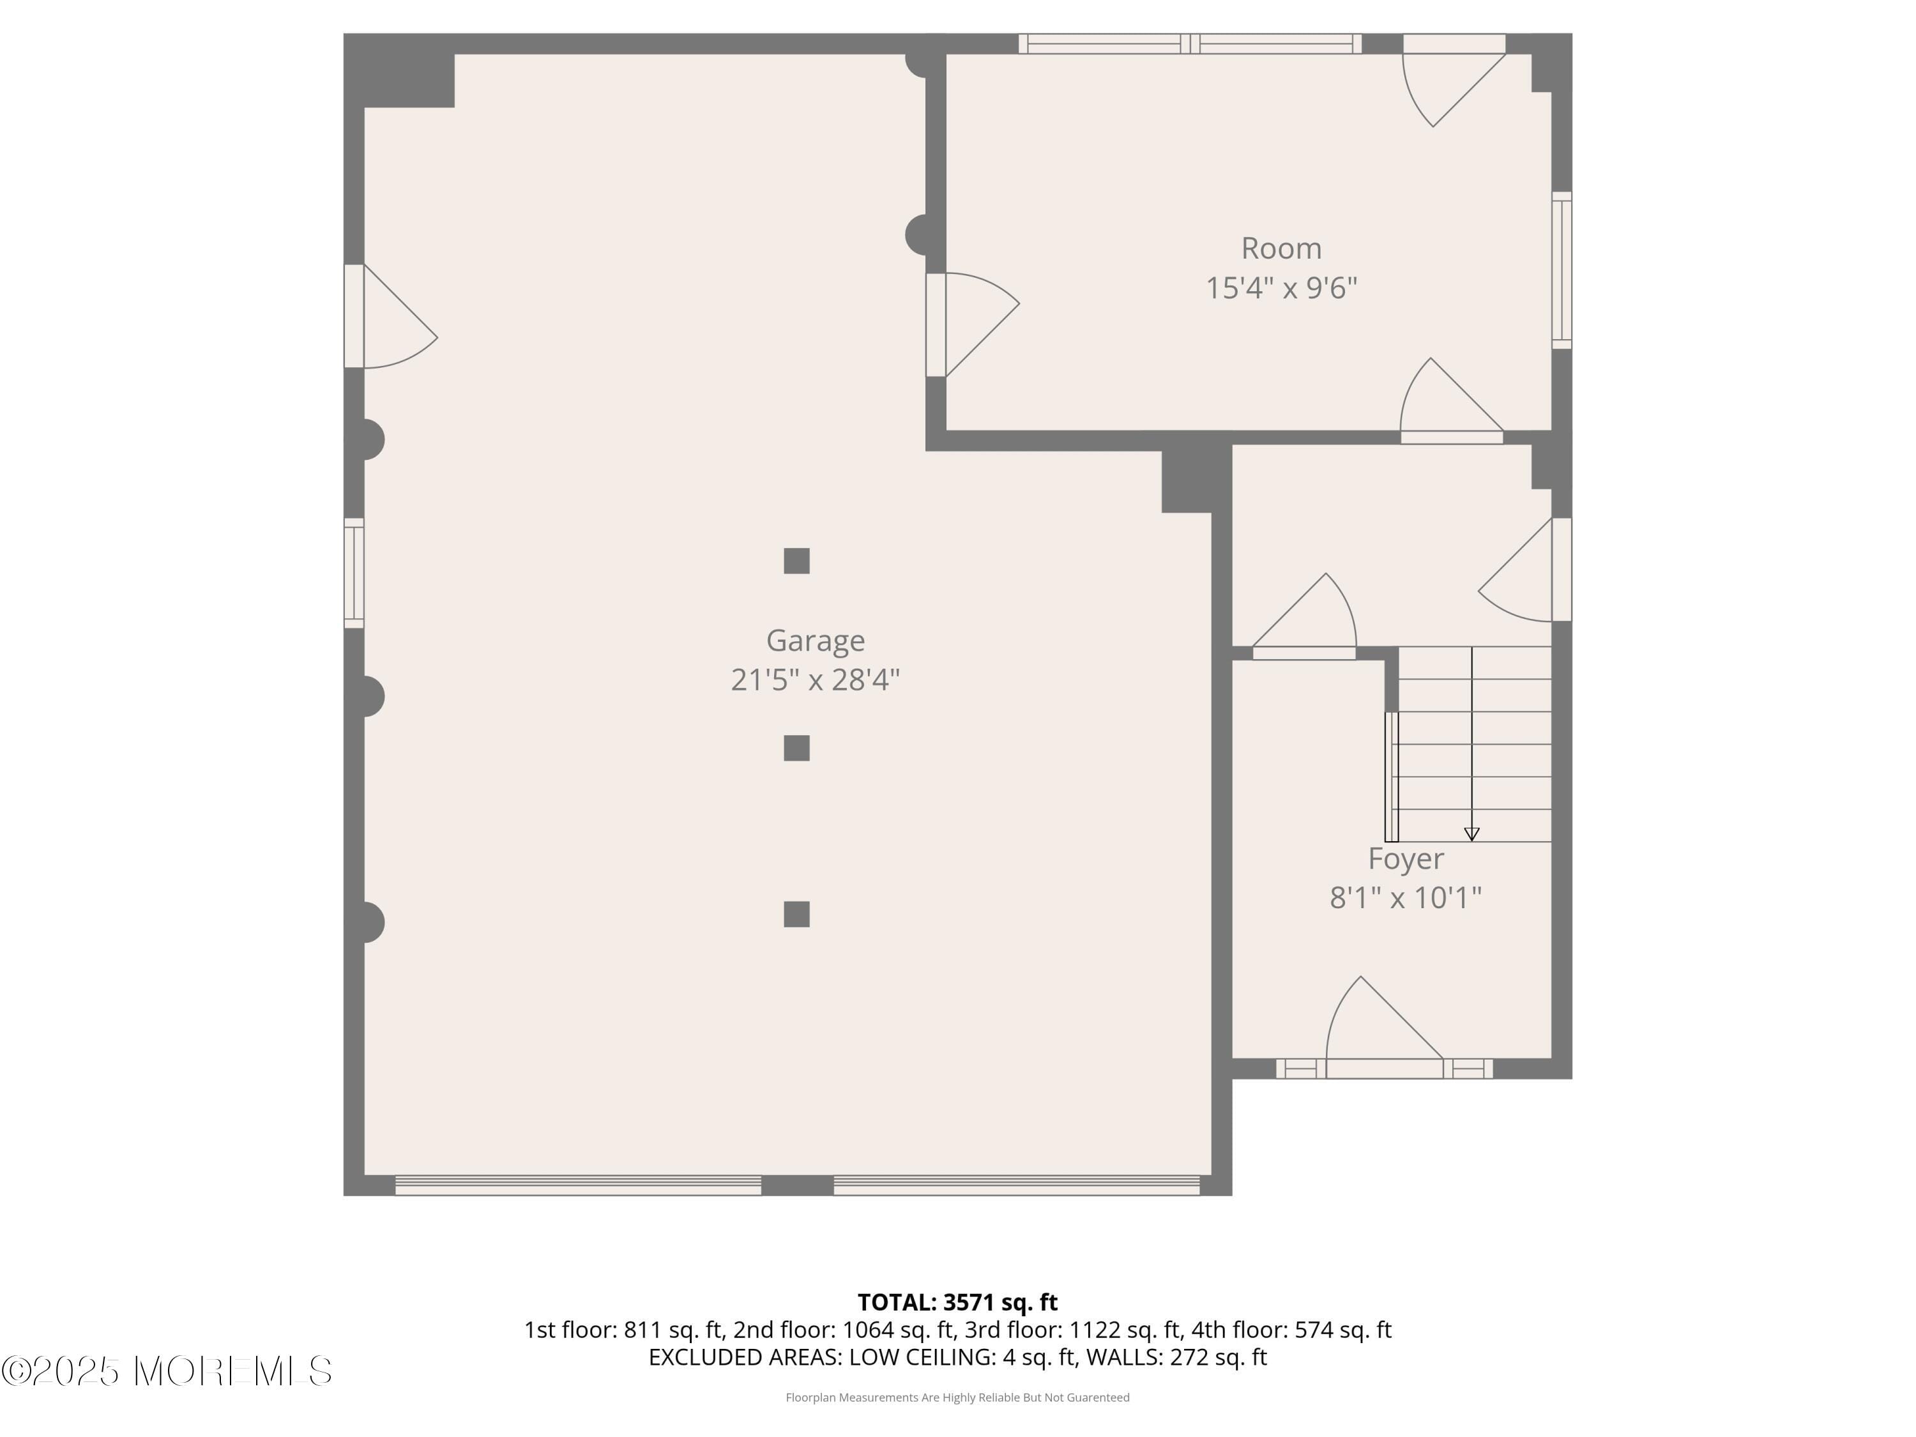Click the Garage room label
815,641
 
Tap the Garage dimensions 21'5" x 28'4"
815,680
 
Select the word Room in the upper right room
1281,248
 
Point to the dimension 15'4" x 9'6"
1281,287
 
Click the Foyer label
1406,858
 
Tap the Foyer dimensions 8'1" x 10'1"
1406,897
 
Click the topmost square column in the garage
796,561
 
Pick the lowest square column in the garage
796,914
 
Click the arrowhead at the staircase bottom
1471,834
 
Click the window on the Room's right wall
1561,270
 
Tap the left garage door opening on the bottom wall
578,1185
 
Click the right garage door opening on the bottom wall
1016,1185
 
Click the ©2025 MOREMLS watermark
166,1371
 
